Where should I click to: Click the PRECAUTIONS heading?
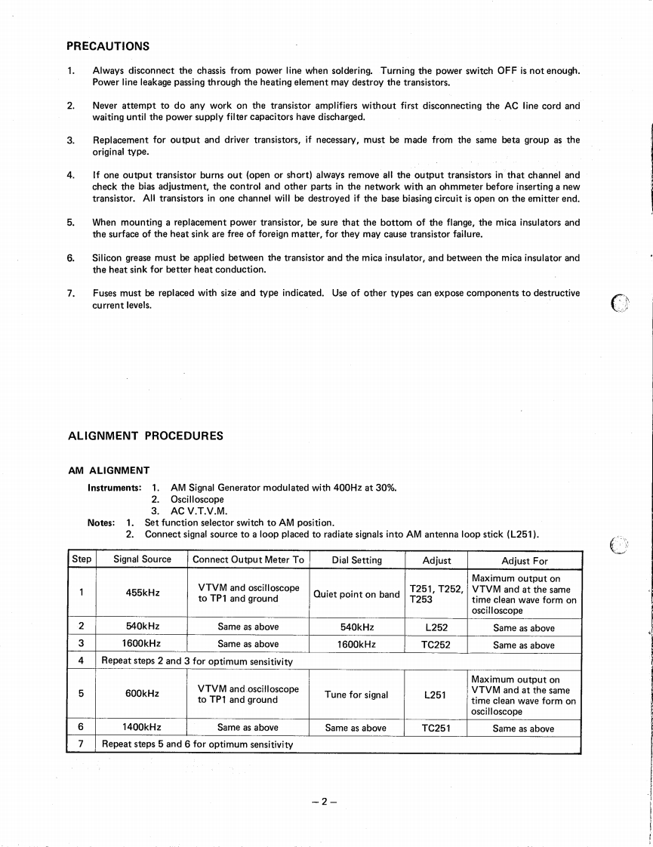(108, 46)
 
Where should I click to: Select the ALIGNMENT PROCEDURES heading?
(146, 436)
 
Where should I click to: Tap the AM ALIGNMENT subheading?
(109, 470)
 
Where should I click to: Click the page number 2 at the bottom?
(322, 802)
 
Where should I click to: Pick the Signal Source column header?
(142, 560)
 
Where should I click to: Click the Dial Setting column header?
(356, 560)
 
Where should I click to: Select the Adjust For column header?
(525, 561)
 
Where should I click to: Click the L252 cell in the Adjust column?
(436, 627)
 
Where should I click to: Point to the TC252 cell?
(436, 645)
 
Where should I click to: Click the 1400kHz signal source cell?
(142, 728)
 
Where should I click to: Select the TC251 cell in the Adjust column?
(436, 728)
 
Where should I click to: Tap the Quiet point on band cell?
(356, 594)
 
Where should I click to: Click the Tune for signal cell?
(356, 695)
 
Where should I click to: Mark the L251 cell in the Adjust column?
(436, 695)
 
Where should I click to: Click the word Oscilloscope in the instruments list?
(197, 499)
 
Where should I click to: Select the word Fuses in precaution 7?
(106, 293)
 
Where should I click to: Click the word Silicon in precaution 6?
(108, 257)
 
